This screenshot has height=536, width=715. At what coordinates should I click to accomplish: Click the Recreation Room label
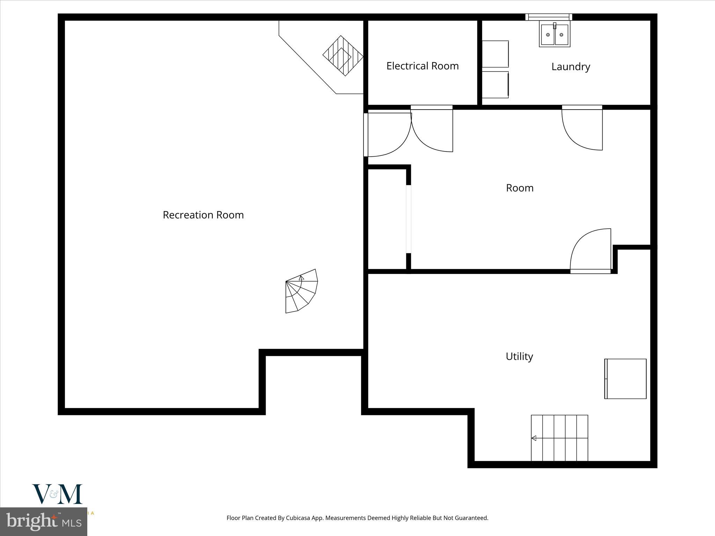pos(203,215)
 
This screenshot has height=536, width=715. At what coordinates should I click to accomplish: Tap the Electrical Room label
pos(422,66)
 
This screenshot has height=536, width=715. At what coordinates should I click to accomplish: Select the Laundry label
pos(570,67)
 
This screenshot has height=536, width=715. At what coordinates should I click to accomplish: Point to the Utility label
pos(519,356)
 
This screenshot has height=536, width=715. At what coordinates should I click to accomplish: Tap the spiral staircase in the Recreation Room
pos(301,291)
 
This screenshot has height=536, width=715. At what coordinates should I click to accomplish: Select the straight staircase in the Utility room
pos(559,438)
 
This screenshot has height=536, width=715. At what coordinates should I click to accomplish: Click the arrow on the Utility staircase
pos(534,438)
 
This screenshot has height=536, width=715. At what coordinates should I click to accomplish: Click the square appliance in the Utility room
pos(625,379)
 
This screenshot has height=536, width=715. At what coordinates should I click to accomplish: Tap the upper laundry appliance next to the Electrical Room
pos(495,54)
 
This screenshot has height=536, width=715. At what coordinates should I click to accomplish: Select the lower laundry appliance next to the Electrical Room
pos(495,84)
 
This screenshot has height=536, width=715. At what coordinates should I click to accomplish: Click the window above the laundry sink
pos(548,17)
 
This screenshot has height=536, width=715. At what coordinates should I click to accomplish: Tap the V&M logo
pos(57,494)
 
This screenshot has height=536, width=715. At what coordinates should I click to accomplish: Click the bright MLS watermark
pos(43,521)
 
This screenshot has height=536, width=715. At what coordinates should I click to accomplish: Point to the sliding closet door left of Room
pos(408,219)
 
